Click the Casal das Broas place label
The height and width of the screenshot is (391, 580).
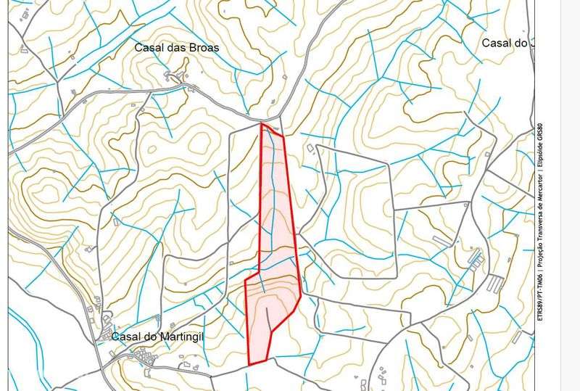tap(176, 47)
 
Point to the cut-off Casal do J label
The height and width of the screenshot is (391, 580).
tap(508, 43)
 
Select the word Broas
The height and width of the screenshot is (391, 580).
tap(203, 47)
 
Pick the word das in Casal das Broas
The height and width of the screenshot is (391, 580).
tap(176, 47)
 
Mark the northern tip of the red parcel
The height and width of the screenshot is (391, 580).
tap(262, 124)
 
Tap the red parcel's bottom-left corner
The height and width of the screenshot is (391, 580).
tap(250, 364)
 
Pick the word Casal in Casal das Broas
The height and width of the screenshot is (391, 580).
tap(149, 47)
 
